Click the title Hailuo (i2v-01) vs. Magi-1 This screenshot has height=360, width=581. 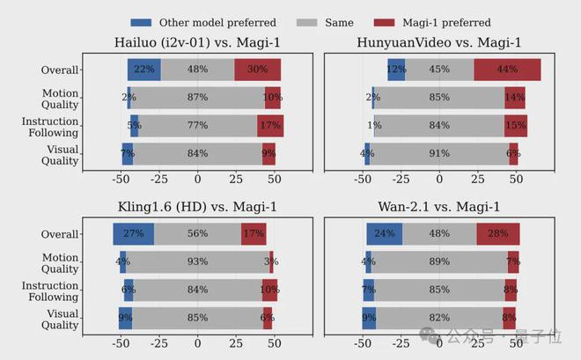coord(196,43)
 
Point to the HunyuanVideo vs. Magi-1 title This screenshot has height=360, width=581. coord(438,43)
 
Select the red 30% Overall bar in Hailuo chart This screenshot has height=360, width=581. coord(258,70)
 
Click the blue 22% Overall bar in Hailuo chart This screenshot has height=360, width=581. coord(143,70)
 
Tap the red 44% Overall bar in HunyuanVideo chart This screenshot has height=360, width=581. coord(507,70)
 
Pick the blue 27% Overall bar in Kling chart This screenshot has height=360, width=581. coord(134,234)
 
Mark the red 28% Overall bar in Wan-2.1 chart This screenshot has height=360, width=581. coord(498,234)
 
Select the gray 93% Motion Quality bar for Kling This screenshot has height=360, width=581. coord(197,261)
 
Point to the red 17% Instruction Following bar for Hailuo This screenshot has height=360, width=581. coord(270,126)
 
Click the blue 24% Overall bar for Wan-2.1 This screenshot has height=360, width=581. coord(385,234)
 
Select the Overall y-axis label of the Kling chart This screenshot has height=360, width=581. coord(60,234)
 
